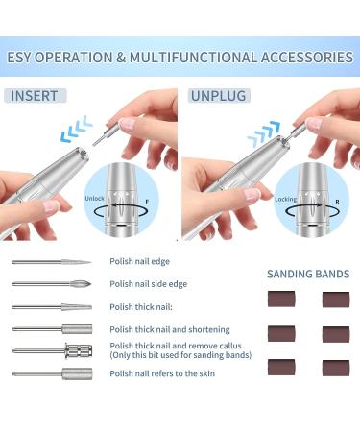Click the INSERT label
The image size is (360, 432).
36,96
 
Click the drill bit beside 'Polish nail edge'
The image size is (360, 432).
52,262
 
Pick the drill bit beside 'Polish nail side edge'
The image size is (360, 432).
52,284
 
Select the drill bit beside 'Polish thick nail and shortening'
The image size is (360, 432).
52,329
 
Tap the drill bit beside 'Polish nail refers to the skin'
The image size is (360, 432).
52,373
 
